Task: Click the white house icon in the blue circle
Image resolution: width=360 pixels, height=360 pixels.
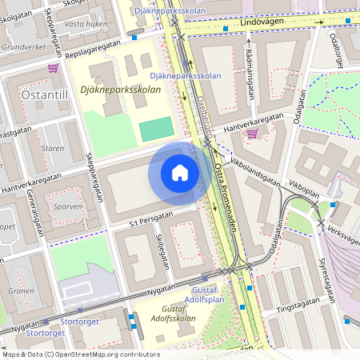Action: pyautogui.click(x=180, y=173)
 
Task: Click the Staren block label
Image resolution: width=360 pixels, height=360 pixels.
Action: pyautogui.click(x=52, y=148)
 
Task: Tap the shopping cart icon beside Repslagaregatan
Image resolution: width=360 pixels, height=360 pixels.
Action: pyautogui.click(x=53, y=69)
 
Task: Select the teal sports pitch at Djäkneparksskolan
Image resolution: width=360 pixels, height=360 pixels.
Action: pyautogui.click(x=156, y=129)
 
